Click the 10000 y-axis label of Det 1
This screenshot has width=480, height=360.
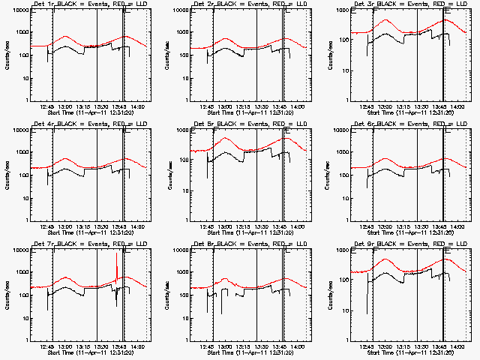19,10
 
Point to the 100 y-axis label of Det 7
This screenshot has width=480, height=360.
22,295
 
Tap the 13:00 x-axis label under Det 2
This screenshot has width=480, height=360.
224,106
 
